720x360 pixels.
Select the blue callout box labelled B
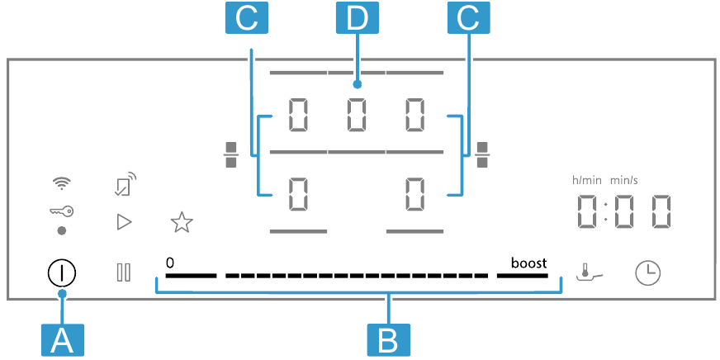388,339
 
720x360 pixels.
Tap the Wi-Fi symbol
62,182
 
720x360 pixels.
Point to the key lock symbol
62,212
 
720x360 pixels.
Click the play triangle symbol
124,220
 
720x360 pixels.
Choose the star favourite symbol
180,221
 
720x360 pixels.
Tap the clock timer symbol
648,272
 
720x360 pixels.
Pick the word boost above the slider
528,263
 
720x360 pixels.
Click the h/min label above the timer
586,179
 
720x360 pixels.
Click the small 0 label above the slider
169,263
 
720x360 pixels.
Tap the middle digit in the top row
357,115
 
